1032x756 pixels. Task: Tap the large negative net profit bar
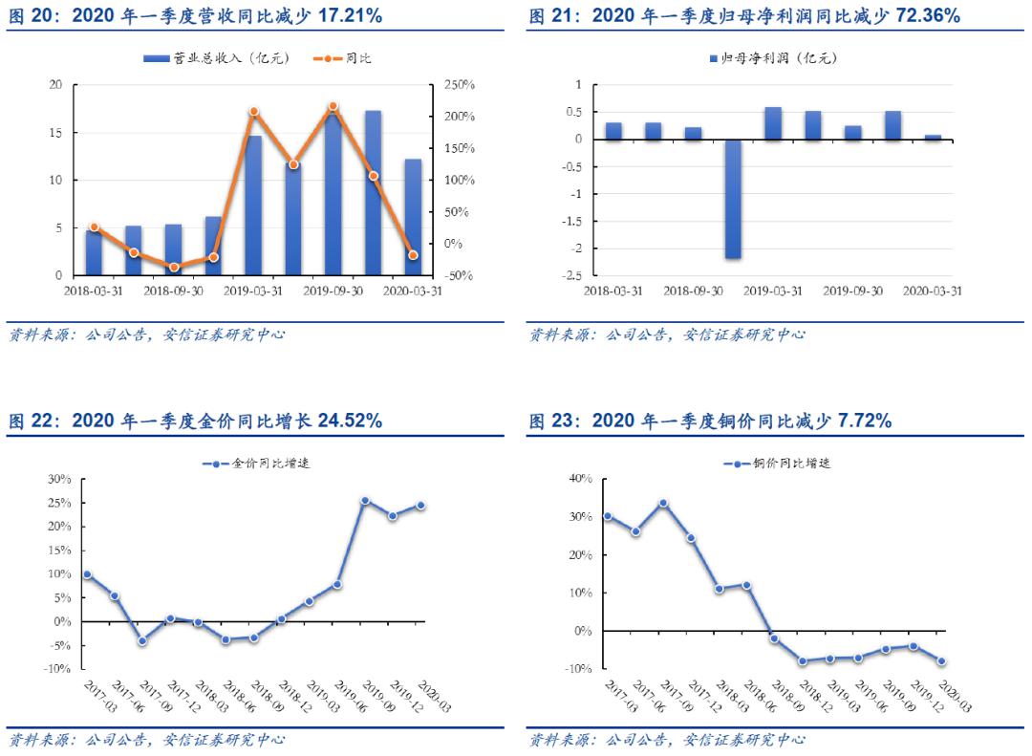(733, 199)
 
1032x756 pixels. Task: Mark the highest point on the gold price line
(364, 500)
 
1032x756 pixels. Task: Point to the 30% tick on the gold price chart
(59, 479)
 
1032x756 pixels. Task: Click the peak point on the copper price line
(663, 503)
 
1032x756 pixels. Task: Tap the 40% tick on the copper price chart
(580, 479)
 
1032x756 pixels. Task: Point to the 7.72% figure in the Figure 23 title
(864, 421)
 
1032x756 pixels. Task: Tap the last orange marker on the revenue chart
(413, 255)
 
